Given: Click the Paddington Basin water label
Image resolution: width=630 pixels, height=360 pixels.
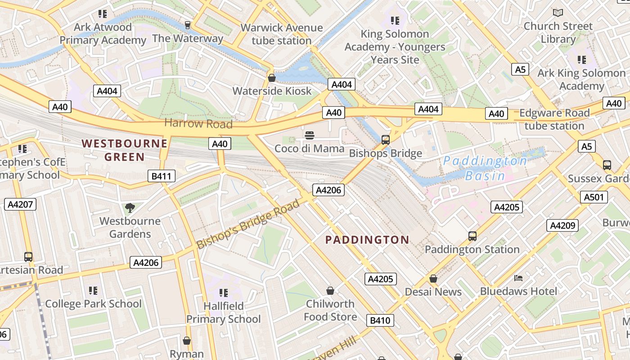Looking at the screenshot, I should click(x=485, y=168).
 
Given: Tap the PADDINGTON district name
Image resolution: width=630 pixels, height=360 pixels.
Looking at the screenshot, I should click(x=367, y=240).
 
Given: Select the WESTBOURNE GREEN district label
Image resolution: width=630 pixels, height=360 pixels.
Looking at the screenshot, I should click(x=125, y=150).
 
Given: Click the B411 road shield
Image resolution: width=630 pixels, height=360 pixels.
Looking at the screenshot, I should click(x=161, y=176).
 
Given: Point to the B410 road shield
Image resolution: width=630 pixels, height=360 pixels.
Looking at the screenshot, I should click(x=380, y=320).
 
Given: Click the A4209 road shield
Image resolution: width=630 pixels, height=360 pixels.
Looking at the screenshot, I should click(x=562, y=225).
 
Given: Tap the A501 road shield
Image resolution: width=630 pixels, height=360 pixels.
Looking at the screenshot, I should click(x=594, y=197).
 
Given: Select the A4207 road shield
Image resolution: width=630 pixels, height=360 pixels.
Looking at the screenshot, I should click(x=20, y=204).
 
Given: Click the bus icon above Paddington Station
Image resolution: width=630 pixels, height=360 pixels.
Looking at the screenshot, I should click(x=472, y=236).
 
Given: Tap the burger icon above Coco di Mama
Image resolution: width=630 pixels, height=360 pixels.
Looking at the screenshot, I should click(x=309, y=135).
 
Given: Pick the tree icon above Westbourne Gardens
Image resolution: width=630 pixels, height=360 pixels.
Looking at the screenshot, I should click(x=130, y=207).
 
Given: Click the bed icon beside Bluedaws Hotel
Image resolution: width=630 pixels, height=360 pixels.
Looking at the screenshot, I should click(x=518, y=278).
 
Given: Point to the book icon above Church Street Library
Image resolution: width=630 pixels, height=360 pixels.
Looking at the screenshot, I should click(x=558, y=13).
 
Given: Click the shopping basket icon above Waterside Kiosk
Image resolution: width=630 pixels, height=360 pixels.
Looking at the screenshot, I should click(x=272, y=78).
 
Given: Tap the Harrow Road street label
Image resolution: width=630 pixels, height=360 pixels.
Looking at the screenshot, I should click(x=198, y=123).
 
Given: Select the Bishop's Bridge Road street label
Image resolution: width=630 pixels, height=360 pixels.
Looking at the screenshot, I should click(x=248, y=224).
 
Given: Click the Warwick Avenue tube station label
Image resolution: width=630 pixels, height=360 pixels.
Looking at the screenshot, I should click(x=282, y=34).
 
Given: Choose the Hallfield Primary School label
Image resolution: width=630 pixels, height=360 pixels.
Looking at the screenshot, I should click(x=224, y=312).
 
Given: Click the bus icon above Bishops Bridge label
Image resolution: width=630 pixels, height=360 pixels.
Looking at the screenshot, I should click(x=385, y=139).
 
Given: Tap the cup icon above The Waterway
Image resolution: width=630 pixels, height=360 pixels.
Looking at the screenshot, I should click(x=188, y=25).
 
